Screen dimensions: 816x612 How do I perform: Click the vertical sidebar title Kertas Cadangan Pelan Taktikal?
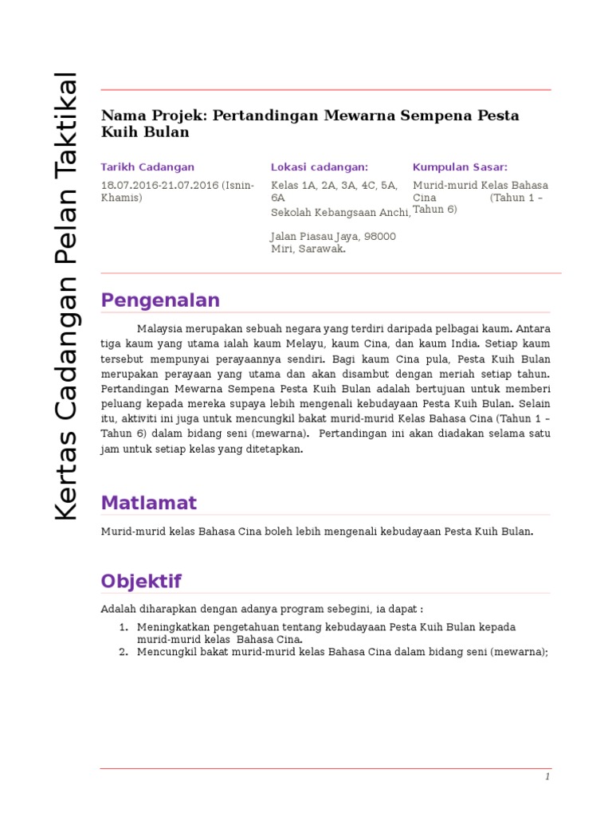coord(67,296)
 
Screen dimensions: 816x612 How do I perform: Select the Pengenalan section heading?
coord(160,300)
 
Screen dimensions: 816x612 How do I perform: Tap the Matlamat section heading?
coord(148,503)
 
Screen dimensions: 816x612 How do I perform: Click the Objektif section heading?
coord(141,581)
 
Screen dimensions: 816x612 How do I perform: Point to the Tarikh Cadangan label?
coord(147,167)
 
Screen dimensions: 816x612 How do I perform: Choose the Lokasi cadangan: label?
coord(320,167)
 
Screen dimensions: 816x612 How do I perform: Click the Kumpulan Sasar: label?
coord(460,167)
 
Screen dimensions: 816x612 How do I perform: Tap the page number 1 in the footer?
coord(547,777)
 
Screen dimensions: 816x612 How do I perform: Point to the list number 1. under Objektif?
coord(124,627)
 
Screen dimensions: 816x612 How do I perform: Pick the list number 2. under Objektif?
coord(124,652)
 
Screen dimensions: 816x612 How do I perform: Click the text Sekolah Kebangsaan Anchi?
coord(340,212)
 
